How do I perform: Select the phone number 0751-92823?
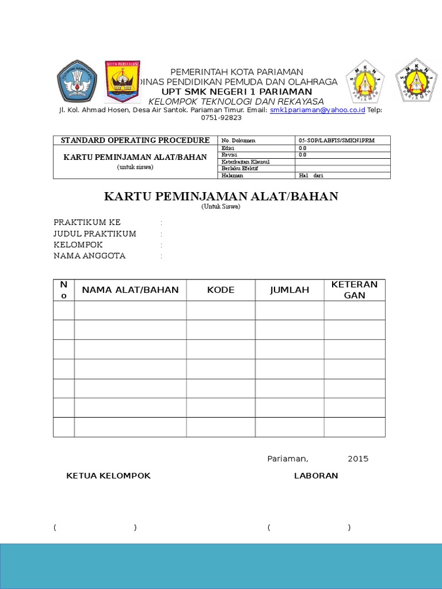tap(221, 117)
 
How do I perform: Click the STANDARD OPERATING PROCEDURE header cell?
tap(135, 140)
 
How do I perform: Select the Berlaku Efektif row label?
tap(240, 169)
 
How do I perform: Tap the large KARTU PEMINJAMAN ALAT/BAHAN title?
tap(221, 197)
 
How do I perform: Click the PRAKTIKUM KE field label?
tap(87, 223)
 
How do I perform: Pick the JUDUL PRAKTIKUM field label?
tap(95, 234)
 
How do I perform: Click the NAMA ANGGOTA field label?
tap(89, 255)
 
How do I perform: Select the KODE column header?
tap(221, 290)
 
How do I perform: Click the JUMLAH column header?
tap(289, 290)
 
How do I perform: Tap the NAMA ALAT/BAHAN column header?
tap(130, 290)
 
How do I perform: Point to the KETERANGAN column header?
tap(355, 290)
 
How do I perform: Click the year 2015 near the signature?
tap(358, 458)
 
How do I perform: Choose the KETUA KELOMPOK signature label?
tap(109, 476)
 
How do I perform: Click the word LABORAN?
tap(316, 476)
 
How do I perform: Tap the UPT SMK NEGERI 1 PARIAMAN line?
tap(237, 92)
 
